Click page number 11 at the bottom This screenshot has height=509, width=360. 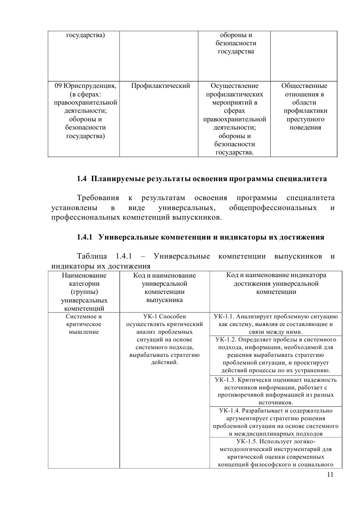(x=329, y=475)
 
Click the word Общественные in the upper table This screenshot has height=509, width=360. (x=304, y=86)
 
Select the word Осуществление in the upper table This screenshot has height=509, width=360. (x=234, y=86)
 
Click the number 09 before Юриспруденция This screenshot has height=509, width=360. (x=58, y=86)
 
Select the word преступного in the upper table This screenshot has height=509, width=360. (x=304, y=119)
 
